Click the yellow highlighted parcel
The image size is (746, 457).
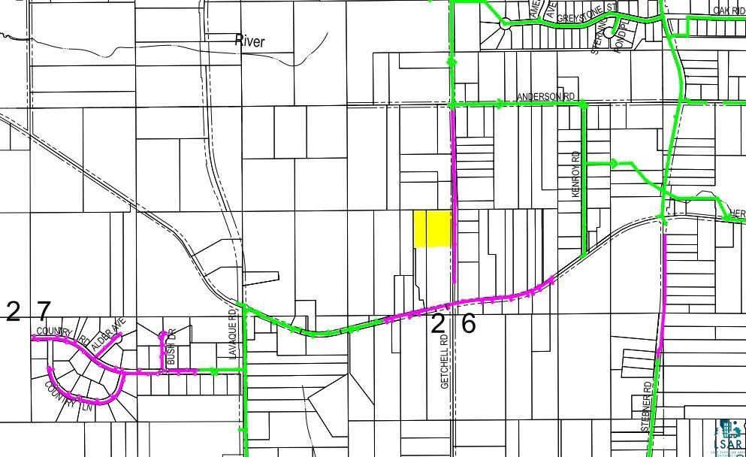click(433, 228)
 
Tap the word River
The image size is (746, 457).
click(249, 41)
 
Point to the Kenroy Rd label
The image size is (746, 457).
click(576, 174)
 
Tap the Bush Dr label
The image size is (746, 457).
click(171, 347)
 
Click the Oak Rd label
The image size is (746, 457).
click(728, 10)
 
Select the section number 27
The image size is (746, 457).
click(28, 311)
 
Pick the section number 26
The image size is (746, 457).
click(453, 323)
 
